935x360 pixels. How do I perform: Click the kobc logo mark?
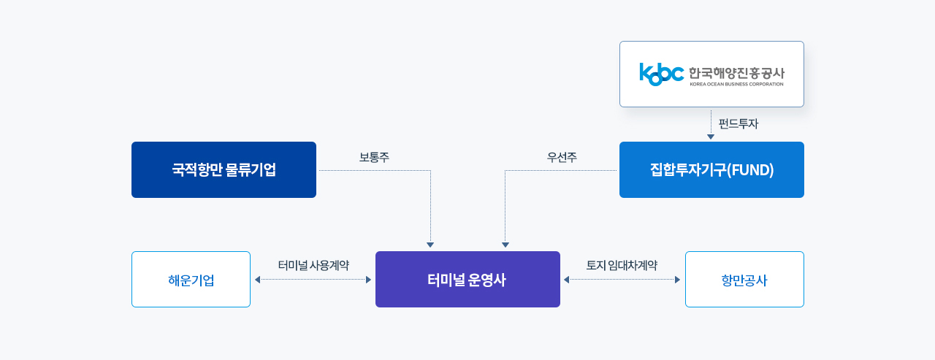(x=662, y=74)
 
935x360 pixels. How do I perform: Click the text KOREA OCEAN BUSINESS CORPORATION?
(x=737, y=84)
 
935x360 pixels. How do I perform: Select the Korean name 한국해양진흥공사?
(x=737, y=73)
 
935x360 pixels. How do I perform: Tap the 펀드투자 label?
(x=739, y=124)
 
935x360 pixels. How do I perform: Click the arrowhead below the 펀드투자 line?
(x=711, y=137)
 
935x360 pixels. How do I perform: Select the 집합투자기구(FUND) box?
(x=711, y=170)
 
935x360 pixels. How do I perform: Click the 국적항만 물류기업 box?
(x=224, y=170)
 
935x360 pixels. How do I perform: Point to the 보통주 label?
(x=375, y=157)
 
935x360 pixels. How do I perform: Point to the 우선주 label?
(x=562, y=157)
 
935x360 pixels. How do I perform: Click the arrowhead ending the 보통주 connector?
(x=430, y=245)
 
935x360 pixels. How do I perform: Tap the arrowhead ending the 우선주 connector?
(x=505, y=245)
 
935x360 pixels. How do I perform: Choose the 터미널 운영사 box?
(x=467, y=279)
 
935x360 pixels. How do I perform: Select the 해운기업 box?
(x=191, y=279)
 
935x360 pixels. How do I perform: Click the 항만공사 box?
(x=744, y=279)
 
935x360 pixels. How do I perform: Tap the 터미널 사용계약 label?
(x=313, y=265)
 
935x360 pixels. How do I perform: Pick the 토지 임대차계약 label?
(x=622, y=265)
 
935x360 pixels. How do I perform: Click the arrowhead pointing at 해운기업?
(x=258, y=280)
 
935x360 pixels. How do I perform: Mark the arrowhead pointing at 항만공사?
(x=677, y=280)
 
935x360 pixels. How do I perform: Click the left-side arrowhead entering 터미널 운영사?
(x=369, y=280)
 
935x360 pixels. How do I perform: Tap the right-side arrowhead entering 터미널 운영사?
(x=566, y=280)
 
